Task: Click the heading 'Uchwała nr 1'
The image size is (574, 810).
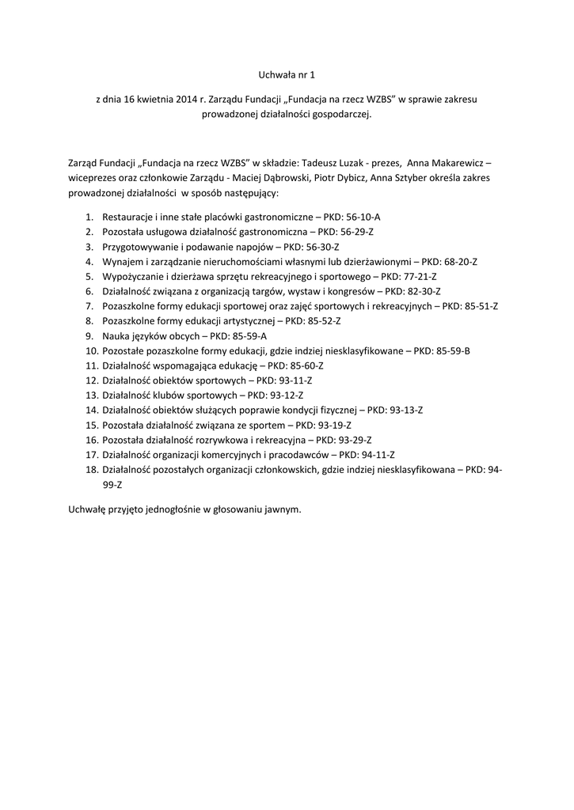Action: [x=287, y=75]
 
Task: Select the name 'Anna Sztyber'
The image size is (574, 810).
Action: [x=400, y=178]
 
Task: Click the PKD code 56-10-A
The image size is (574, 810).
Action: [x=363, y=216]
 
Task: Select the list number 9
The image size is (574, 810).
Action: [x=89, y=336]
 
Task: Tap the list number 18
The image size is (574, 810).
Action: [x=89, y=470]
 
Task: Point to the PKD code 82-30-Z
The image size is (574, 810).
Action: [x=424, y=291]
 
